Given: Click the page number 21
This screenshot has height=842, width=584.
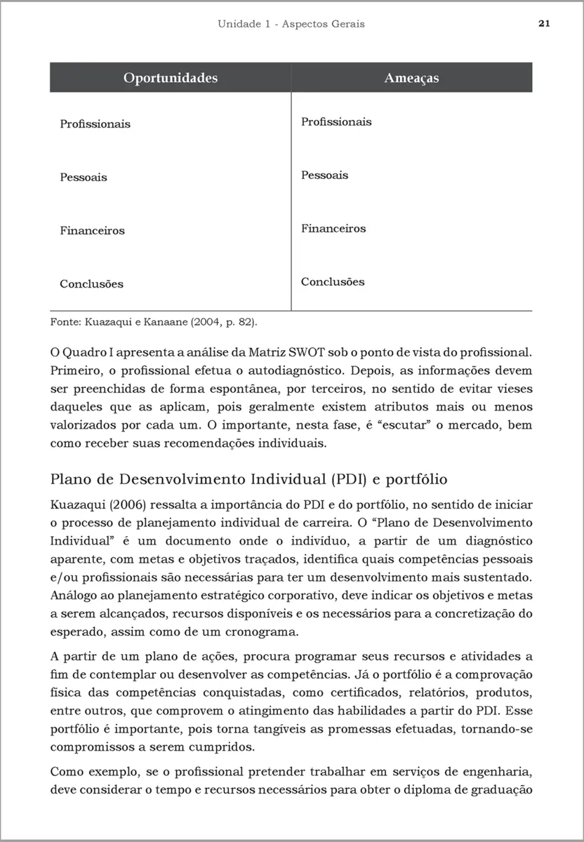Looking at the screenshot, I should pyautogui.click(x=544, y=23).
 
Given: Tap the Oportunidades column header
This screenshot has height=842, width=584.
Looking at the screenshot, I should pyautogui.click(x=171, y=78).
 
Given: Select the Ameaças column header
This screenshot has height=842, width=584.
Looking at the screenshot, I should pyautogui.click(x=411, y=78).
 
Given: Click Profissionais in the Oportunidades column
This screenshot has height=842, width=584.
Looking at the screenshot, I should pyautogui.click(x=95, y=124).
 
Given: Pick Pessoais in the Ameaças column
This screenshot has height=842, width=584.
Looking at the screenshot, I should pyautogui.click(x=324, y=175).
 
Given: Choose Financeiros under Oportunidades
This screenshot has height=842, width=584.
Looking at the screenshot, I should pyautogui.click(x=92, y=231).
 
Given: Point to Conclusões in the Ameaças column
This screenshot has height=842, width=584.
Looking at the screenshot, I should pyautogui.click(x=333, y=282).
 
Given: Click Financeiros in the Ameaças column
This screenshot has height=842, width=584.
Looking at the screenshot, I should pyautogui.click(x=333, y=229).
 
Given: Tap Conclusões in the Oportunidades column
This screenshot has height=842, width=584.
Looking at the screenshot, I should pyautogui.click(x=91, y=284).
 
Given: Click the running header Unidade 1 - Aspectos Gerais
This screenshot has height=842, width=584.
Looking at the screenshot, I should pyautogui.click(x=291, y=24).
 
